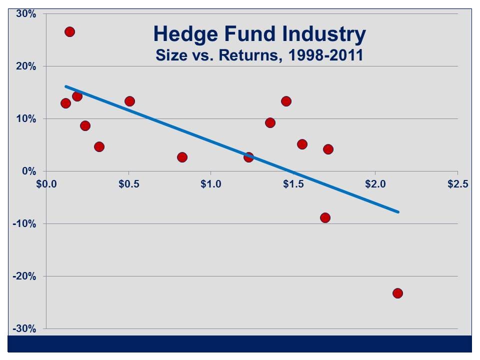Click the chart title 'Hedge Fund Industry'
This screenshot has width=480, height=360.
click(x=259, y=34)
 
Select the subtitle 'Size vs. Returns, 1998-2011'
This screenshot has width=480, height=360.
click(x=259, y=54)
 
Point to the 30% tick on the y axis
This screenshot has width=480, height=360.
click(x=26, y=14)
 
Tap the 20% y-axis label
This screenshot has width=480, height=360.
click(x=26, y=66)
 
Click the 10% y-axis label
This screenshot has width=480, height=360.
click(x=26, y=119)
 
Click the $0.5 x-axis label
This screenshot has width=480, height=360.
click(x=129, y=184)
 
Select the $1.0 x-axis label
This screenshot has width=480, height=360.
click(x=211, y=184)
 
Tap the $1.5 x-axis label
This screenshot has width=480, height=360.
click(x=293, y=184)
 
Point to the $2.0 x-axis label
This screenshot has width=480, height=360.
click(x=375, y=184)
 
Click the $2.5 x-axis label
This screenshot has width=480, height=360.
click(x=457, y=184)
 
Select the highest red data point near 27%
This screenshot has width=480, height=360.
click(x=69, y=32)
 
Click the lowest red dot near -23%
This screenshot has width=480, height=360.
click(x=397, y=293)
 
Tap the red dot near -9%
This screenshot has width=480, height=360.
click(x=325, y=217)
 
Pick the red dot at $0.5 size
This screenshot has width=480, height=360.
click(x=129, y=101)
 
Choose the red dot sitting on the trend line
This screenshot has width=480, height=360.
click(x=248, y=157)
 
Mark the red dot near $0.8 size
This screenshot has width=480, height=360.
click(x=182, y=157)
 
